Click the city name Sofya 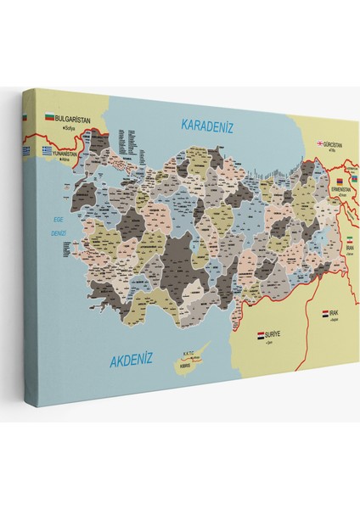(x=64, y=127)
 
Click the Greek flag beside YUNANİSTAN (x=49, y=151)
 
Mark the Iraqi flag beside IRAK (x=325, y=315)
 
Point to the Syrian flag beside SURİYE (x=261, y=337)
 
